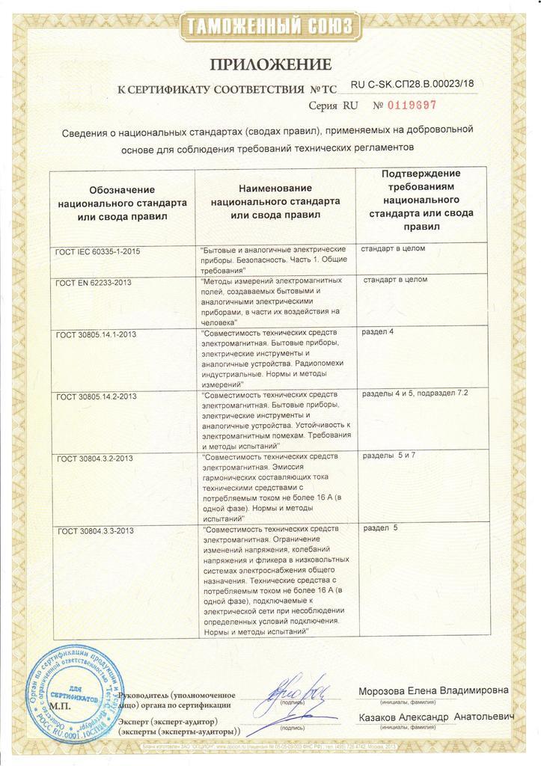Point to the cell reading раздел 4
click(378, 332)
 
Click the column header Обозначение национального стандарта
click(122, 203)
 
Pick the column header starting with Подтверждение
click(421, 200)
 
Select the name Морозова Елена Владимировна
click(433, 690)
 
